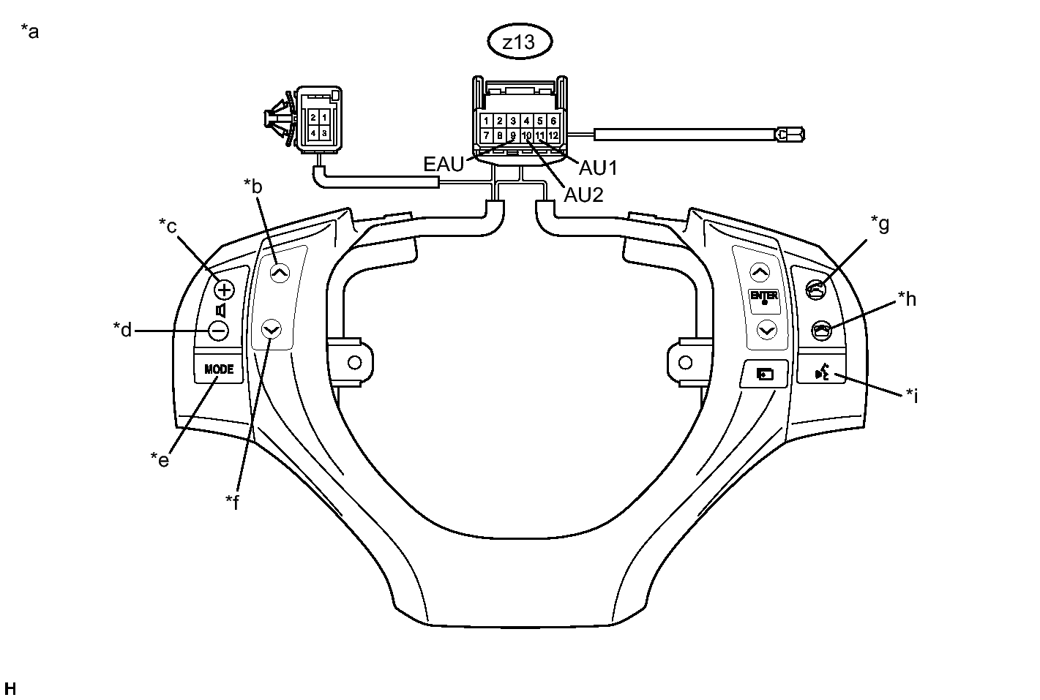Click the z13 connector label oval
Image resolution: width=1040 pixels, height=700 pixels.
pos(520,42)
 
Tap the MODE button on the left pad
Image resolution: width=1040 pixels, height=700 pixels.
pos(219,369)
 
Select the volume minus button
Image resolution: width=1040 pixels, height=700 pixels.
pos(218,331)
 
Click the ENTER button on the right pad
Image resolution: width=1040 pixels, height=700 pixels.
pos(764,298)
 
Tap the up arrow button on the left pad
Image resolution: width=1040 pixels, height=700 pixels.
pos(280,274)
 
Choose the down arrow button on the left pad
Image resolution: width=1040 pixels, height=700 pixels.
pos(272,330)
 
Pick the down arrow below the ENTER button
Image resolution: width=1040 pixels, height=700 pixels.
pos(766,331)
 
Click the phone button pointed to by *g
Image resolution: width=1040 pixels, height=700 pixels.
pos(816,290)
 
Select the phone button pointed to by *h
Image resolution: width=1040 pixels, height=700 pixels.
pos(822,331)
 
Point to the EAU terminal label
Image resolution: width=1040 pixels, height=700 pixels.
pos(444,165)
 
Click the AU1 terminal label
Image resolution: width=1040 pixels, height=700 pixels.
pos(598,168)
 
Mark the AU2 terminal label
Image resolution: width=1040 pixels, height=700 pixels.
pos(583,195)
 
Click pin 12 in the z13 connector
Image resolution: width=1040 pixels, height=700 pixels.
pos(553,135)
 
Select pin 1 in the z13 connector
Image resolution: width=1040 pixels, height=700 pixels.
pos(486,121)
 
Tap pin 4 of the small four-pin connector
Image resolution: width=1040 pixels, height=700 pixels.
pos(313,132)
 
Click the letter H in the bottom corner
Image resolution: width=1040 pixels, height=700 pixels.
pos(10,688)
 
